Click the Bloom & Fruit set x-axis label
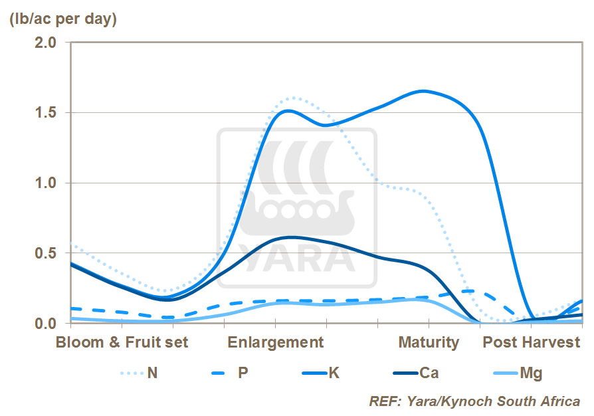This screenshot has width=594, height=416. (x=122, y=342)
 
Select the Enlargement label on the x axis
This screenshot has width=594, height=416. (x=276, y=342)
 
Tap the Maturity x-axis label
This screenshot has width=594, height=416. (x=429, y=342)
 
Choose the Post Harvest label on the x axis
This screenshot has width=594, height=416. (x=532, y=342)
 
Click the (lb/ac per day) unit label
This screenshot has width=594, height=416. (x=63, y=19)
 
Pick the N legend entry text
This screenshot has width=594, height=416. (x=152, y=373)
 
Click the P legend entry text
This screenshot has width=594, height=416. (x=243, y=373)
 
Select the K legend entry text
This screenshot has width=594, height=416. (x=334, y=373)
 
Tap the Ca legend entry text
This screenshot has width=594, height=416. (x=429, y=373)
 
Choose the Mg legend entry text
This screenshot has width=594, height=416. (x=531, y=373)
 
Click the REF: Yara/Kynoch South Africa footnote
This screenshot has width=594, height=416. (x=474, y=401)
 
